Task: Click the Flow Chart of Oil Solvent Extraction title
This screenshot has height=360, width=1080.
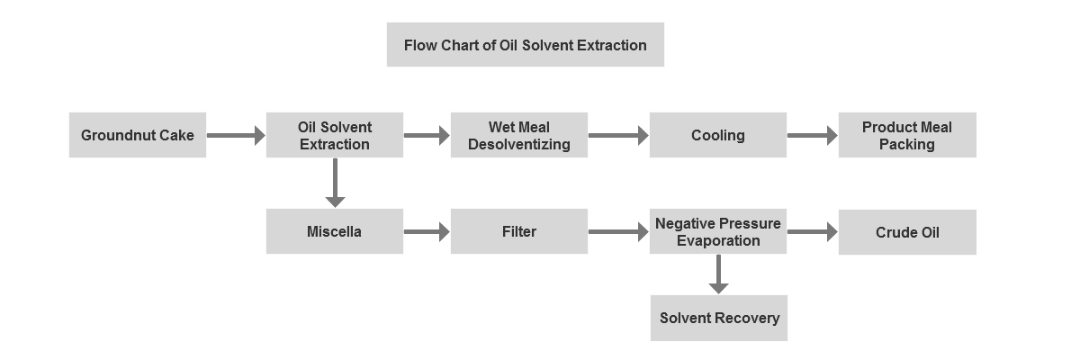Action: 525,44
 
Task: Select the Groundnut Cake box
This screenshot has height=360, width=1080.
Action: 138,135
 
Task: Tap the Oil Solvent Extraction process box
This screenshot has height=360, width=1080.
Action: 335,135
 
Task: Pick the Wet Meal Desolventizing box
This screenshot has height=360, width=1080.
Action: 518,135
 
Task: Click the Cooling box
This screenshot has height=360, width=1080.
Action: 718,135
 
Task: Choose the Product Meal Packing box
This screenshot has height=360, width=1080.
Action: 907,135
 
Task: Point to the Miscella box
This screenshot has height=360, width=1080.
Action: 335,231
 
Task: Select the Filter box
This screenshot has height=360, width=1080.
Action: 518,231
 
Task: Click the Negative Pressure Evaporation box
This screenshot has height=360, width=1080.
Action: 718,231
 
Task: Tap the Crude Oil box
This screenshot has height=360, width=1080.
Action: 907,232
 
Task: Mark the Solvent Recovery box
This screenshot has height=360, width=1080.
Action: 719,318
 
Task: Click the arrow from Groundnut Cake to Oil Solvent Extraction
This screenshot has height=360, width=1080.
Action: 236,135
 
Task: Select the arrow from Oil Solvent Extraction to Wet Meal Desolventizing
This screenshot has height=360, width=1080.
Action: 427,135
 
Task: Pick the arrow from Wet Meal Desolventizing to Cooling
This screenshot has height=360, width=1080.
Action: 618,135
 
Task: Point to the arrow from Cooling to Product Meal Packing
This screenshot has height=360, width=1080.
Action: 813,135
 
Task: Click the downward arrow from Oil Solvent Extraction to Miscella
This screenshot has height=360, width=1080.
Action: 335,183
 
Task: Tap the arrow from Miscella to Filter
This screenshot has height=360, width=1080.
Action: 427,232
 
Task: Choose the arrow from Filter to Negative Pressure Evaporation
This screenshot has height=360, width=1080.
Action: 618,232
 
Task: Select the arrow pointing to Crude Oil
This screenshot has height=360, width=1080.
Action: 813,232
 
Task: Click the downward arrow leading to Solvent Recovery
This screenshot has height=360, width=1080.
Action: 718,274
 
